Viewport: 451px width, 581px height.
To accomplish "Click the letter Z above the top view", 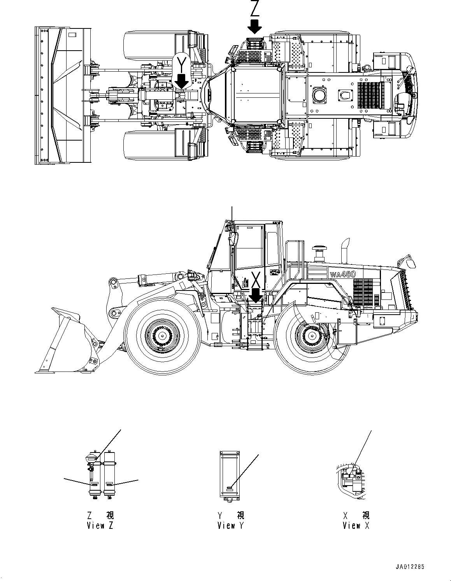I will [255, 8].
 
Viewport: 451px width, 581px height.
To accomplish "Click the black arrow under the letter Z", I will [255, 27].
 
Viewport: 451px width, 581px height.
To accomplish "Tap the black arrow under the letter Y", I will [182, 81].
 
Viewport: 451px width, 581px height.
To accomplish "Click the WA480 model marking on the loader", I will [343, 274].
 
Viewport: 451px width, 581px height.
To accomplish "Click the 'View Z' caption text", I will [100, 525].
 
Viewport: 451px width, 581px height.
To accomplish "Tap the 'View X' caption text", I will [356, 525].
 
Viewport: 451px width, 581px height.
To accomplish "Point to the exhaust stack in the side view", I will [345, 251].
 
